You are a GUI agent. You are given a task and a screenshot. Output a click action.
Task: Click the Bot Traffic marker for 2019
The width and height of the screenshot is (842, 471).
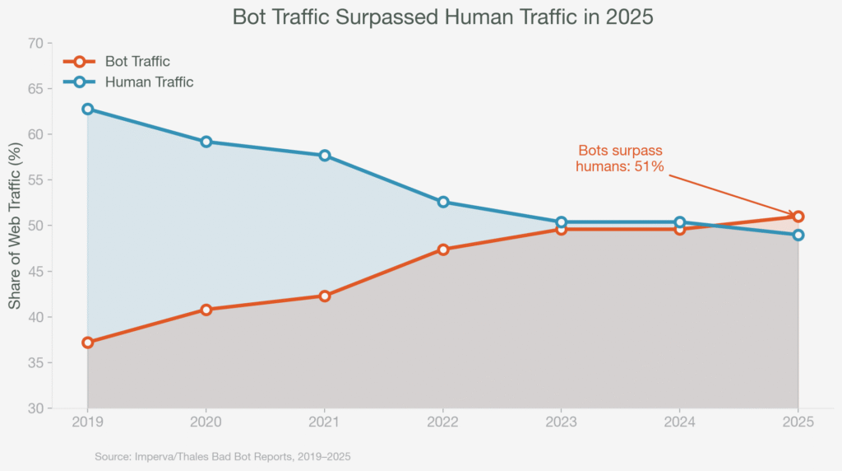pos(88,343)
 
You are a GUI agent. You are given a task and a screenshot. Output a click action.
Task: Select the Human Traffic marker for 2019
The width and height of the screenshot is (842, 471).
pos(88,110)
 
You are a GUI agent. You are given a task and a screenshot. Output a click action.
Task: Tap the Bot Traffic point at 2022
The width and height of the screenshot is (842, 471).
pos(443,249)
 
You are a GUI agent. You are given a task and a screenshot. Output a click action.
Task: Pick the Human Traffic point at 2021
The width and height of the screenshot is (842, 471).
pos(325,156)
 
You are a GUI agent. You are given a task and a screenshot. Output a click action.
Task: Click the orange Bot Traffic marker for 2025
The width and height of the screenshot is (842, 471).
pos(798,217)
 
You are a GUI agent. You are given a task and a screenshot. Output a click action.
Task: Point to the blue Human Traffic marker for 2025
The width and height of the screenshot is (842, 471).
pos(798,235)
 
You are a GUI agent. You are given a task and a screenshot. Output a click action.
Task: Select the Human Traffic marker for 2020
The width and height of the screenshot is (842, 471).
pos(206,142)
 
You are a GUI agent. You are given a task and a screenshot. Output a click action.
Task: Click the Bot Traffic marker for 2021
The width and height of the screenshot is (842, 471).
pos(325,296)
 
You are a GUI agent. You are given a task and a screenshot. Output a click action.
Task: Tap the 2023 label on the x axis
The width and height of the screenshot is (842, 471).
pos(561,422)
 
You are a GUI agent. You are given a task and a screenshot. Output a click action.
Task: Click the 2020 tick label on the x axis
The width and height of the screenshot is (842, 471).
pos(206,422)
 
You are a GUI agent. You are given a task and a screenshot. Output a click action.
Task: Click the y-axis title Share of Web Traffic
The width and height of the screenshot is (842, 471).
pos(15,226)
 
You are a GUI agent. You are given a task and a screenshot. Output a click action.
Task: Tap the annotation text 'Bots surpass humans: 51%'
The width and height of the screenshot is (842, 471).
pos(619,159)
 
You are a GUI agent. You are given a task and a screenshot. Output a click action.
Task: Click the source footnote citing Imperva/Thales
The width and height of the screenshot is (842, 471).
pos(222,455)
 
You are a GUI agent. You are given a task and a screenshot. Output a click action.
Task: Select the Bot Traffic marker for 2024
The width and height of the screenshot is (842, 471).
pos(679,229)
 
